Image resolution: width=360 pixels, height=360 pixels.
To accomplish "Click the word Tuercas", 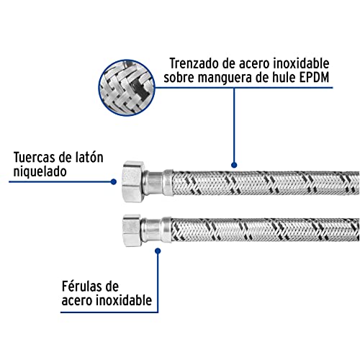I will click(33, 158).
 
